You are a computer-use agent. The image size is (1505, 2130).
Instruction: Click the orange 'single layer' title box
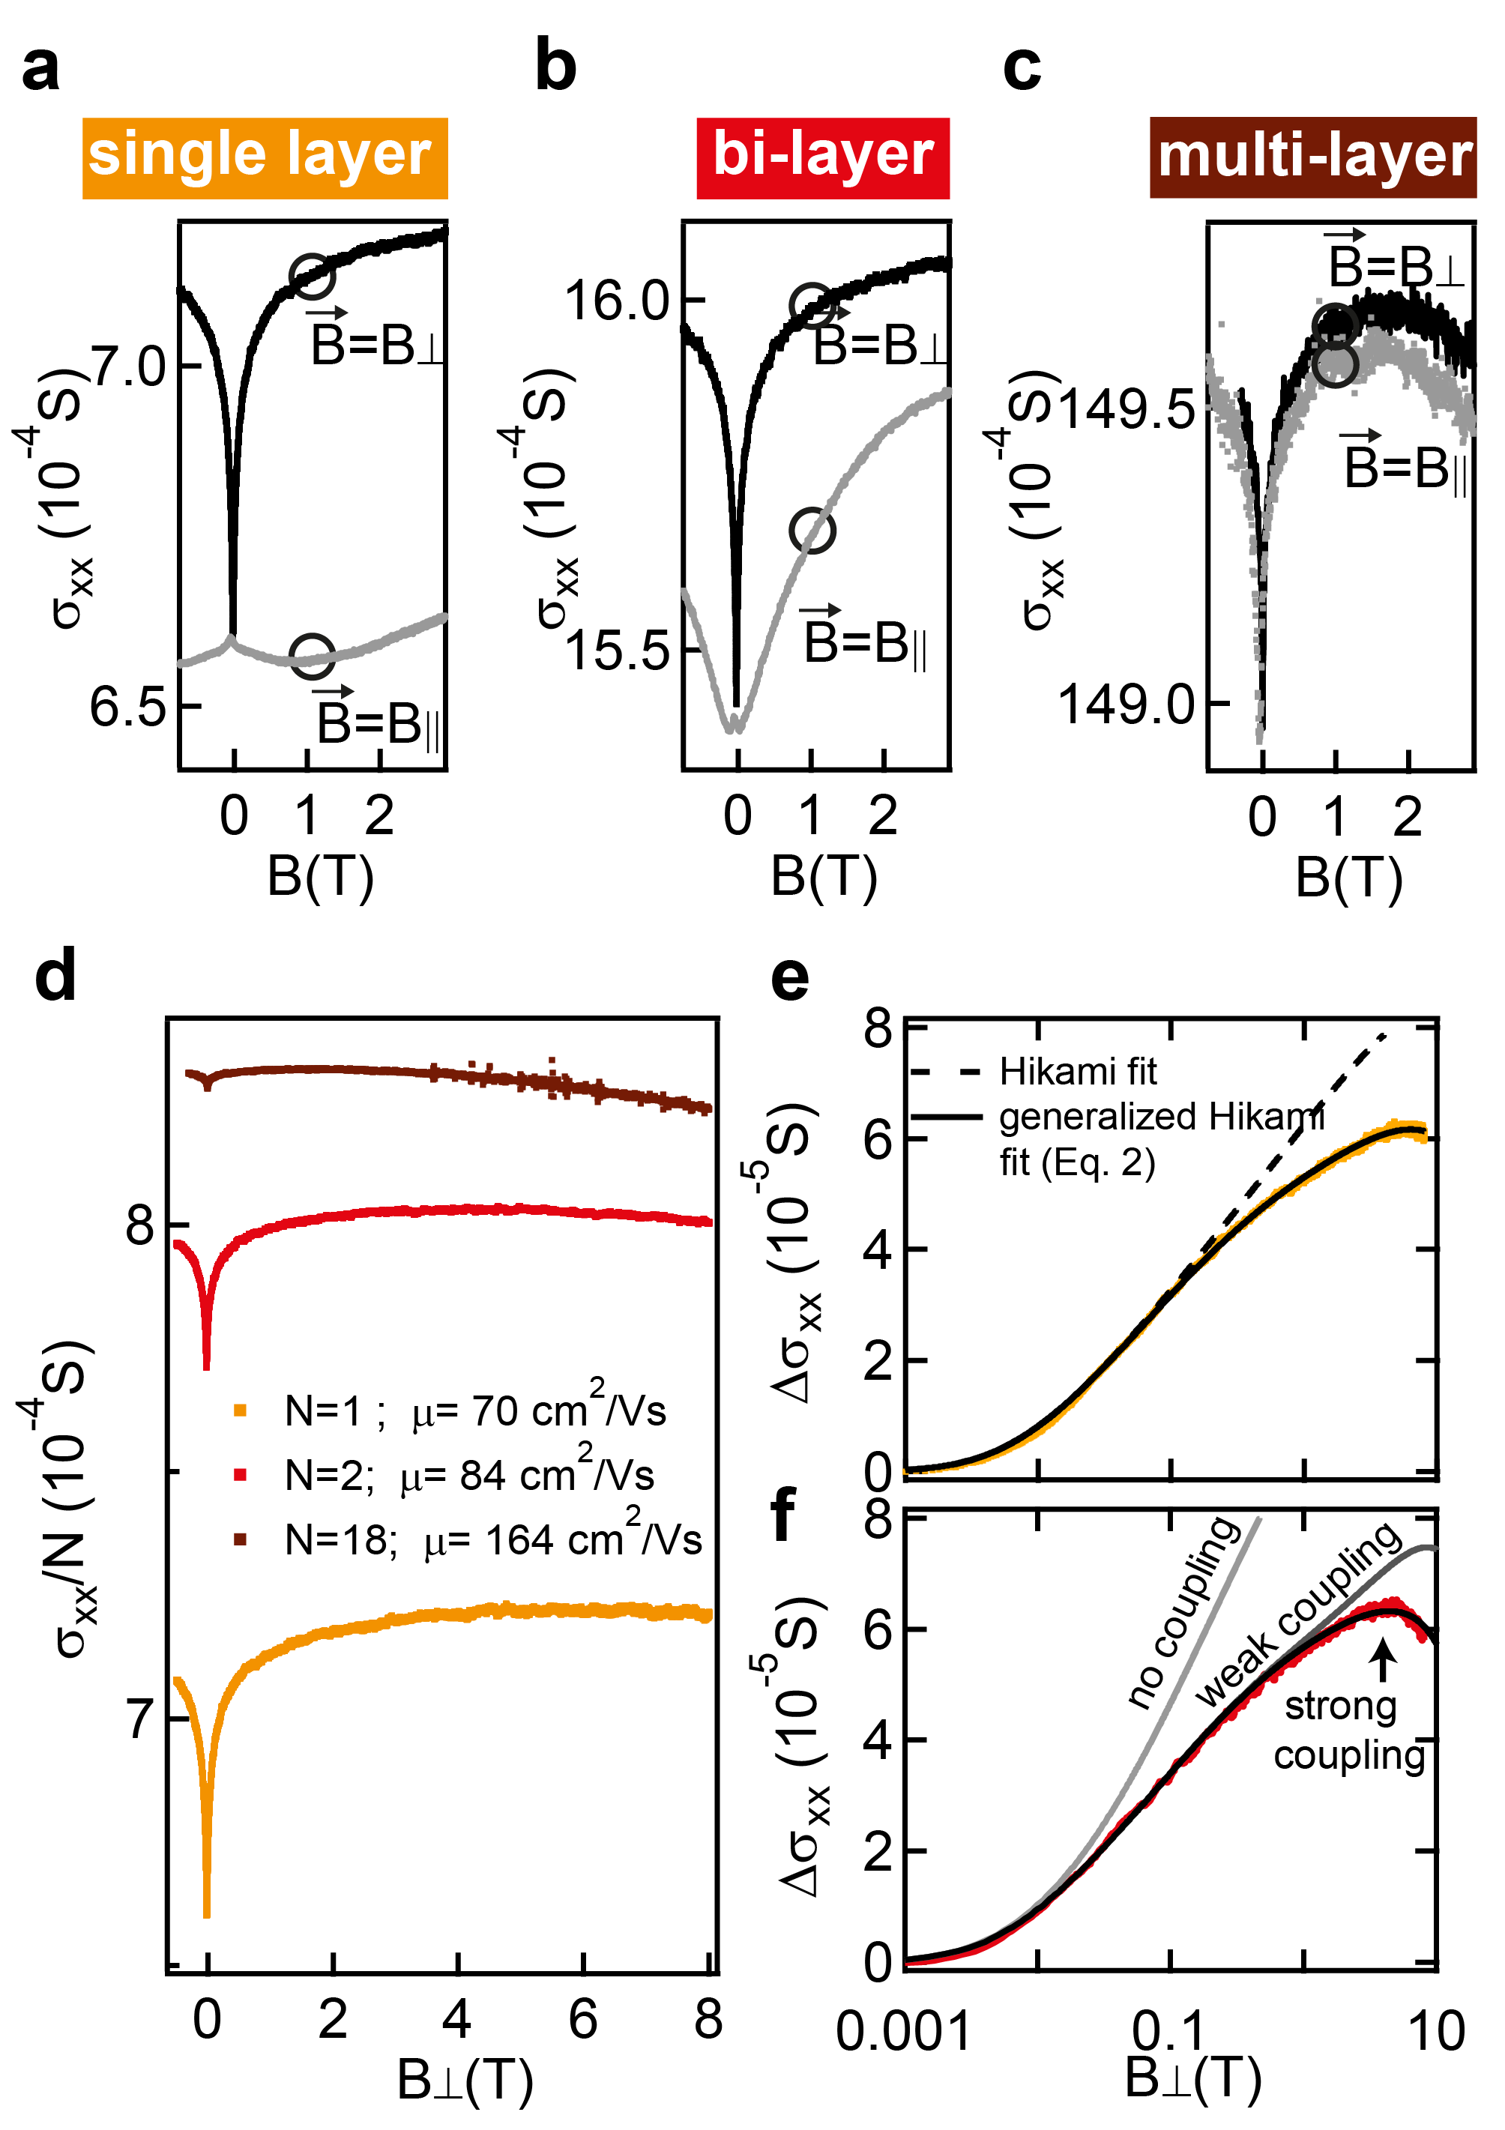coord(265,157)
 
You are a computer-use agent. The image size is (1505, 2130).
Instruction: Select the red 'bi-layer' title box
coord(823,157)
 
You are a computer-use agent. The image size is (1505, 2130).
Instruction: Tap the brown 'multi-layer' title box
coord(1312,157)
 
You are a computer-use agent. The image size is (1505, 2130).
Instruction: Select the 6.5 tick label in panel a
coord(127,708)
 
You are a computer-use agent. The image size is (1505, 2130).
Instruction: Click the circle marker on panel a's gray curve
coord(312,657)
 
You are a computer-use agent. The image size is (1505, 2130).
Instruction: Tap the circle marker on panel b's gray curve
coord(812,531)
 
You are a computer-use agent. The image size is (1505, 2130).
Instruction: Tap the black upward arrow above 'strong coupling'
coord(1383,1659)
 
